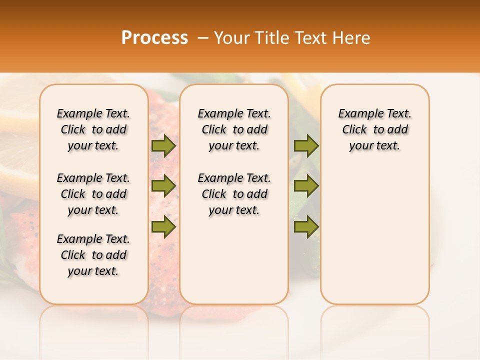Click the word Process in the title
pyautogui.click(x=154, y=37)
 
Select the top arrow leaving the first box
pyautogui.click(x=163, y=145)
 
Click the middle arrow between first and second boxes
pyautogui.click(x=163, y=186)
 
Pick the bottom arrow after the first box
pyautogui.click(x=163, y=226)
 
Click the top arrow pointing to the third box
pyautogui.click(x=306, y=145)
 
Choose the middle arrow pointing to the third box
pyautogui.click(x=306, y=186)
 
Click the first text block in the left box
pyautogui.click(x=93, y=129)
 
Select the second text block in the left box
pyautogui.click(x=93, y=194)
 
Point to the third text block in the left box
pyautogui.click(x=93, y=255)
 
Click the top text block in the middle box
pyautogui.click(x=234, y=129)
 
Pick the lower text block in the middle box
pyautogui.click(x=234, y=194)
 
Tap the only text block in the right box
pyautogui.click(x=374, y=129)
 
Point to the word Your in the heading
pyautogui.click(x=229, y=37)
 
